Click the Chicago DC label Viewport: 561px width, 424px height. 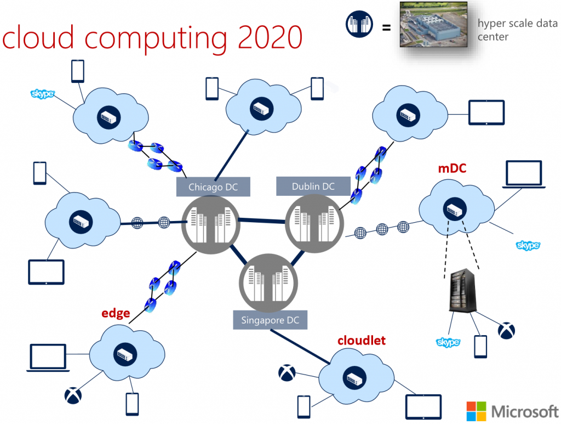click(213, 186)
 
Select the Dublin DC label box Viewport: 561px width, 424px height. click(313, 186)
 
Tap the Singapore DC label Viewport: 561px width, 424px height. click(270, 320)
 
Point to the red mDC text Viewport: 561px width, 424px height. click(452, 168)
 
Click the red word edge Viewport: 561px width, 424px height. click(116, 313)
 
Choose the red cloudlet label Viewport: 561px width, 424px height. click(362, 340)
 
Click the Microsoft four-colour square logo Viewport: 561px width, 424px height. click(476, 411)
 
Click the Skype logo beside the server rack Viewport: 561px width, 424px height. click(448, 343)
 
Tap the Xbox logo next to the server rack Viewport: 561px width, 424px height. click(506, 331)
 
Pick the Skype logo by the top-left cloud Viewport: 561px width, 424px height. click(42, 94)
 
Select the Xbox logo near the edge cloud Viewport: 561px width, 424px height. click(73, 395)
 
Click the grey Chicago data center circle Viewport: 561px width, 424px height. click(211, 224)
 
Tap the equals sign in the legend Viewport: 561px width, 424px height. click(386, 25)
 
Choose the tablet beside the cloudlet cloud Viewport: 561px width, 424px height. click(423, 406)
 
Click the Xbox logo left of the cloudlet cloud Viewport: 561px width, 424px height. click(287, 373)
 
